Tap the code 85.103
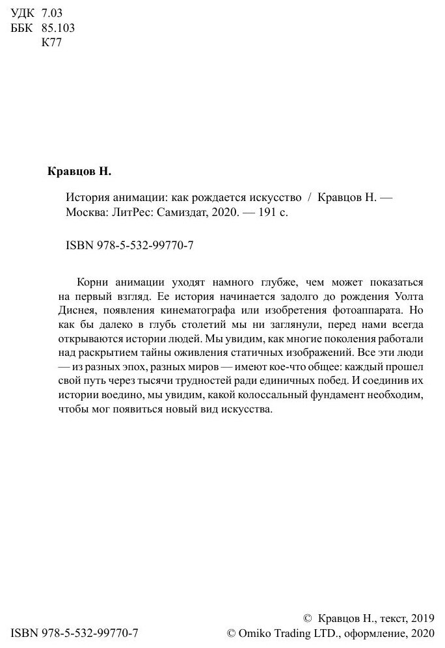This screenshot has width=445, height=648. pos(58,28)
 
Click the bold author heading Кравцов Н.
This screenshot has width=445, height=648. pos(81,173)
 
